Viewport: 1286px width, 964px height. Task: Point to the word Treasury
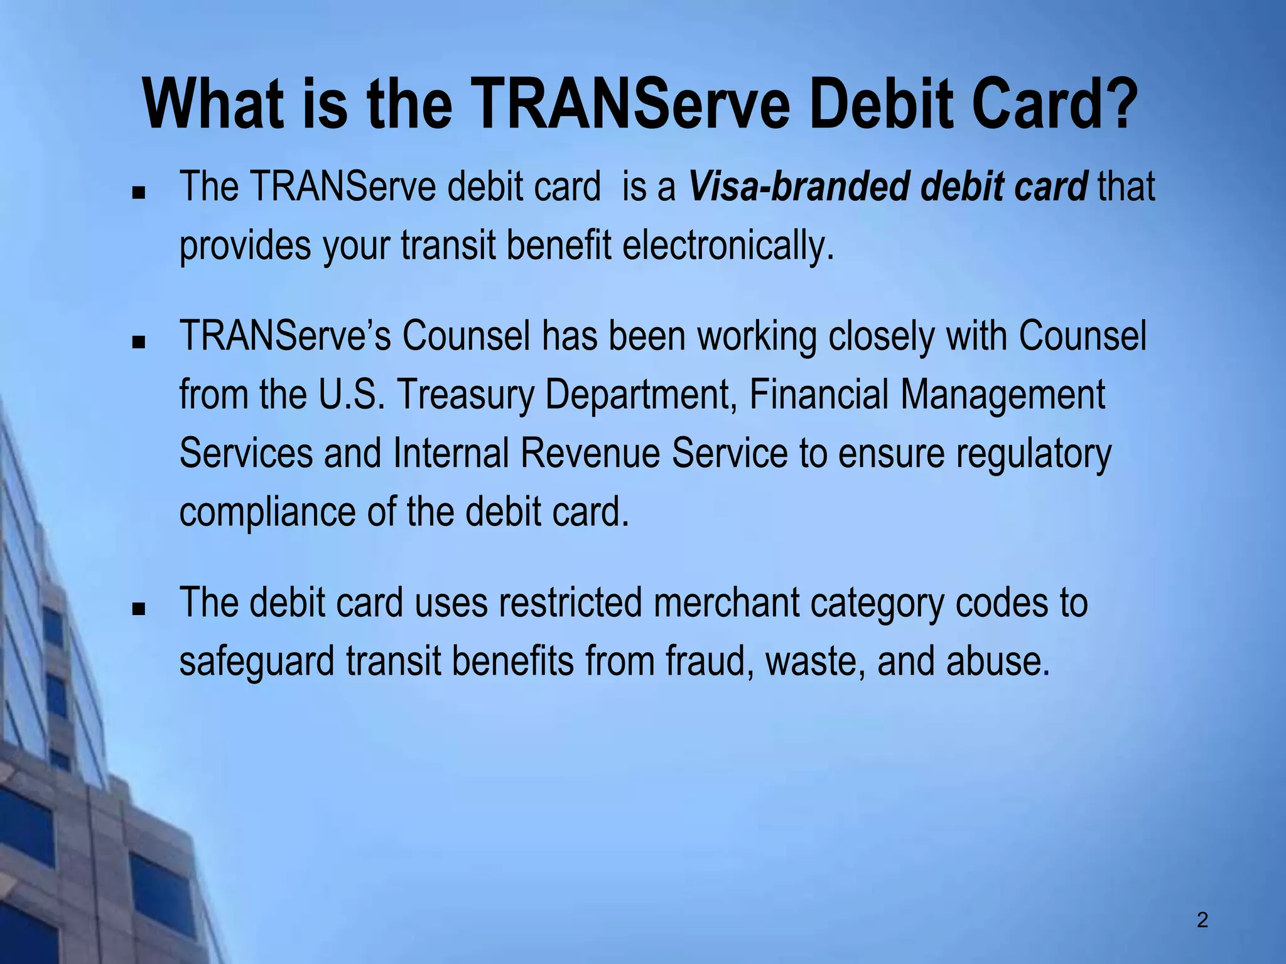tap(464, 395)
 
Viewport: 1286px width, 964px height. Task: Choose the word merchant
tap(725, 602)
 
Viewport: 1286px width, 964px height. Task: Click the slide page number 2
tap(1202, 921)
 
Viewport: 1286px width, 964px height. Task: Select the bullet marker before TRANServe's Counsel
tap(139, 343)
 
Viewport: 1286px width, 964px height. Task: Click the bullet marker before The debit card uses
tap(139, 609)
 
